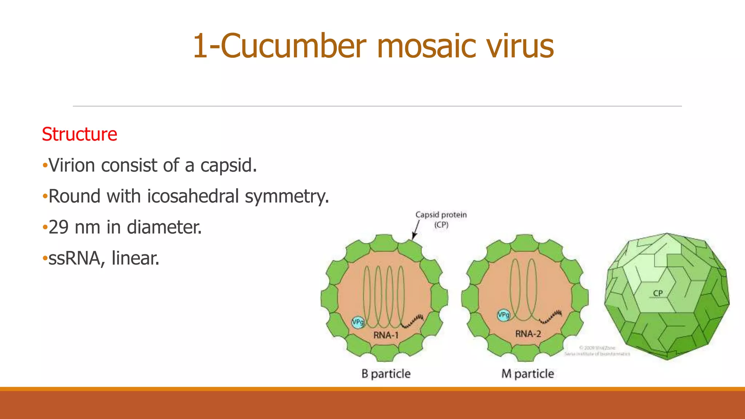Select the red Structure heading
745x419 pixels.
click(79, 134)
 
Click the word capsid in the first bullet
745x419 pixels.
click(228, 165)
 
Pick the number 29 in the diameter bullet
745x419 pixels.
click(59, 227)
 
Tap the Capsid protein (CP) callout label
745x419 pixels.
click(441, 219)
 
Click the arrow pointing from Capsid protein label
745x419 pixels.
click(415, 231)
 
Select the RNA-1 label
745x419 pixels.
click(386, 335)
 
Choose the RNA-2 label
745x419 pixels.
click(528, 334)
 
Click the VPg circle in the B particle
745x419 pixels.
click(358, 322)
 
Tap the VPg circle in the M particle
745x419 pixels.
click(503, 315)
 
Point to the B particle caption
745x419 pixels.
click(386, 374)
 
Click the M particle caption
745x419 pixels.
click(527, 374)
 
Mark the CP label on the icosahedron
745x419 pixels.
click(658, 293)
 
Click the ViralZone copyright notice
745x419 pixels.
click(597, 351)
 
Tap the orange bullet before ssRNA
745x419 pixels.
click(45, 259)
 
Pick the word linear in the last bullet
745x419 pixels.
click(135, 259)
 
